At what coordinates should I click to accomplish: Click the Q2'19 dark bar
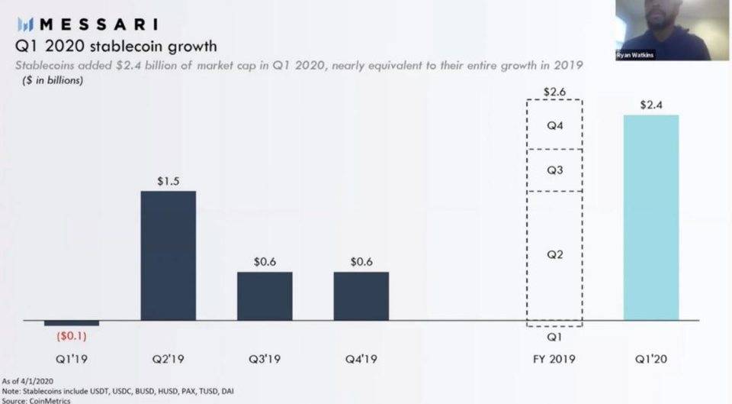click(x=168, y=255)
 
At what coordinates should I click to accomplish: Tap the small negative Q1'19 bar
click(x=72, y=323)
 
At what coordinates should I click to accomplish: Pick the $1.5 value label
click(x=168, y=181)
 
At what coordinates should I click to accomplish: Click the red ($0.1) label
click(x=72, y=335)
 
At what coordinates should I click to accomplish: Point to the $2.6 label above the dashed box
click(x=554, y=91)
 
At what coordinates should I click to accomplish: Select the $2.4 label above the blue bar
click(x=651, y=105)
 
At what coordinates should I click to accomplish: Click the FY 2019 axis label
click(x=554, y=358)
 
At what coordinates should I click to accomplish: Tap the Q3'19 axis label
click(x=265, y=358)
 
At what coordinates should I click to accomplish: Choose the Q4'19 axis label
click(x=361, y=358)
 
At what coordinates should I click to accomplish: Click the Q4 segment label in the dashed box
click(x=554, y=124)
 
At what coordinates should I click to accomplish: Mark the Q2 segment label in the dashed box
click(x=554, y=254)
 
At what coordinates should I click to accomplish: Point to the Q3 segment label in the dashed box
click(x=554, y=170)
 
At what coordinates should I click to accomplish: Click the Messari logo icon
click(x=22, y=24)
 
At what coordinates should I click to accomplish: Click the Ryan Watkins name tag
click(x=634, y=55)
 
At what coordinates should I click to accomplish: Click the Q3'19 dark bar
click(x=265, y=296)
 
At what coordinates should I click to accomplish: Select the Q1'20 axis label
click(x=650, y=358)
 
